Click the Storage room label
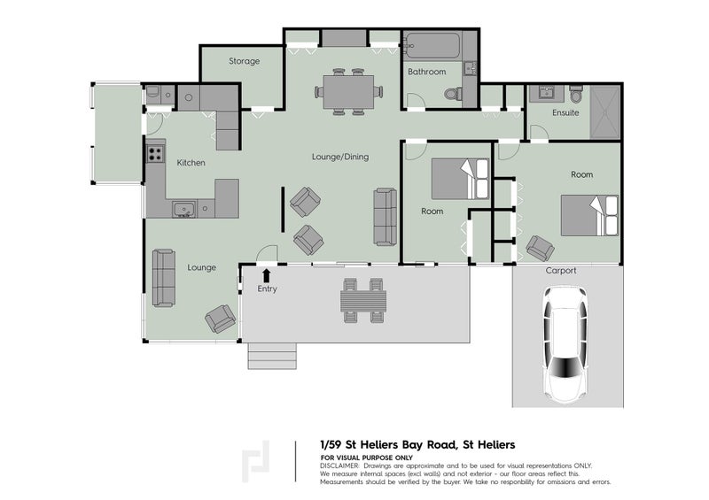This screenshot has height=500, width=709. (x=244, y=61)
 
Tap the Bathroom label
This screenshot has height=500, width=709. (x=426, y=72)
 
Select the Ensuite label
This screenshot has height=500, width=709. (x=565, y=112)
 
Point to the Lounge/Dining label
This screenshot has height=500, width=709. (x=339, y=157)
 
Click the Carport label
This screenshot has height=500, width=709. (x=561, y=271)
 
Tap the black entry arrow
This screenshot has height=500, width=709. (x=267, y=275)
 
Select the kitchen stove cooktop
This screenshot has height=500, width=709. (x=155, y=153)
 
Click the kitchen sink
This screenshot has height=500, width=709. (x=184, y=210)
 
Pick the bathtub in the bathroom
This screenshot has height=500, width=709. (x=432, y=45)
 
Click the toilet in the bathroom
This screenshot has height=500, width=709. (x=453, y=93)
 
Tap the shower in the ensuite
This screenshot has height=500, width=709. (x=605, y=112)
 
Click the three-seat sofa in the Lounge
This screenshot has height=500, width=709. (x=163, y=278)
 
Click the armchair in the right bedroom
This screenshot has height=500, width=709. (x=540, y=248)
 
